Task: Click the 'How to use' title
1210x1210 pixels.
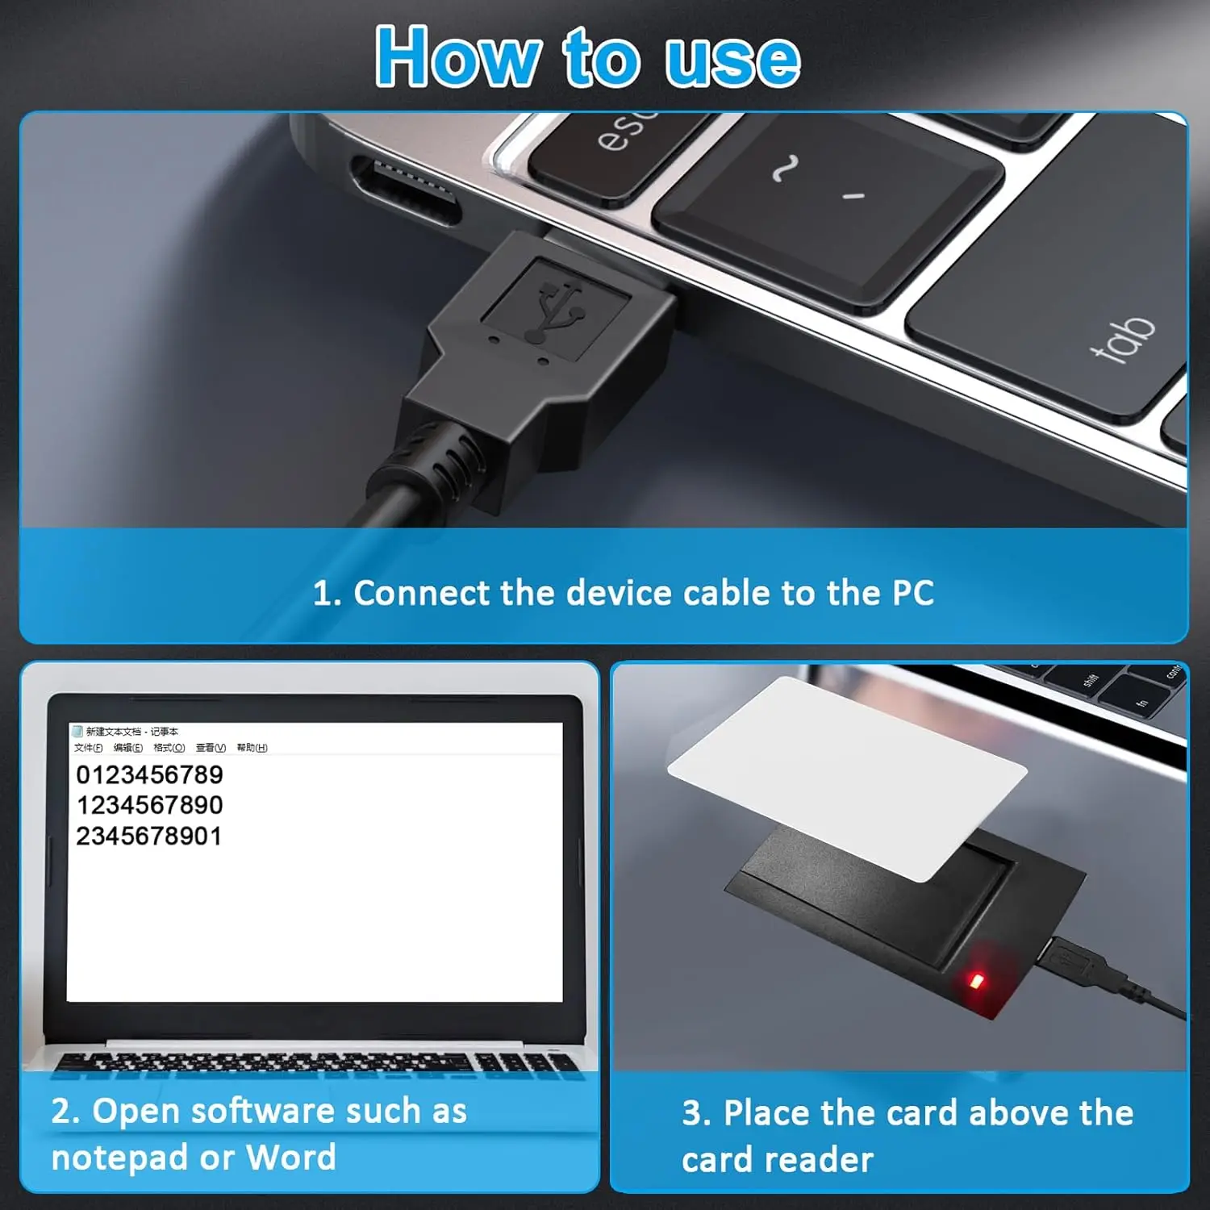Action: [587, 56]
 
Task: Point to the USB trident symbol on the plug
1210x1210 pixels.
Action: [555, 309]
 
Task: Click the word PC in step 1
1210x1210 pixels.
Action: [912, 593]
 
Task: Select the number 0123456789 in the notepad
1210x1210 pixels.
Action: [149, 774]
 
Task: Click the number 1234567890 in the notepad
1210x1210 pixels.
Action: [149, 805]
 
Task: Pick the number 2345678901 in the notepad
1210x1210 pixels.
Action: [149, 836]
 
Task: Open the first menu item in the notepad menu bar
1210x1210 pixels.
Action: [88, 748]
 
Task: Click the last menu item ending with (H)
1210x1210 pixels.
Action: [252, 748]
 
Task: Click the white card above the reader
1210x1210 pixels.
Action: [847, 774]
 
